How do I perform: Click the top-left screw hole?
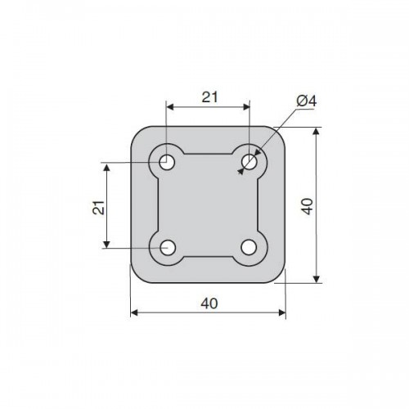pyautogui.click(x=167, y=162)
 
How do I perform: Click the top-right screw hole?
pyautogui.click(x=249, y=162)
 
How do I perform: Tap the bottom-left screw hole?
pyautogui.click(x=168, y=248)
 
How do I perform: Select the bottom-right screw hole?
pyautogui.click(x=249, y=247)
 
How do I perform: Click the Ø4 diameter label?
pyautogui.click(x=307, y=101)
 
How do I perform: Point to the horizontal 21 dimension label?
pyautogui.click(x=209, y=97)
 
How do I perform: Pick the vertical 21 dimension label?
pyautogui.click(x=99, y=208)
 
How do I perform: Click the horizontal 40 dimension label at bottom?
pyautogui.click(x=209, y=303)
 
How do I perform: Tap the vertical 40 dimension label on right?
pyautogui.click(x=308, y=206)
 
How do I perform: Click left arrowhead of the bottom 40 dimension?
pyautogui.click(x=134, y=312)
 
